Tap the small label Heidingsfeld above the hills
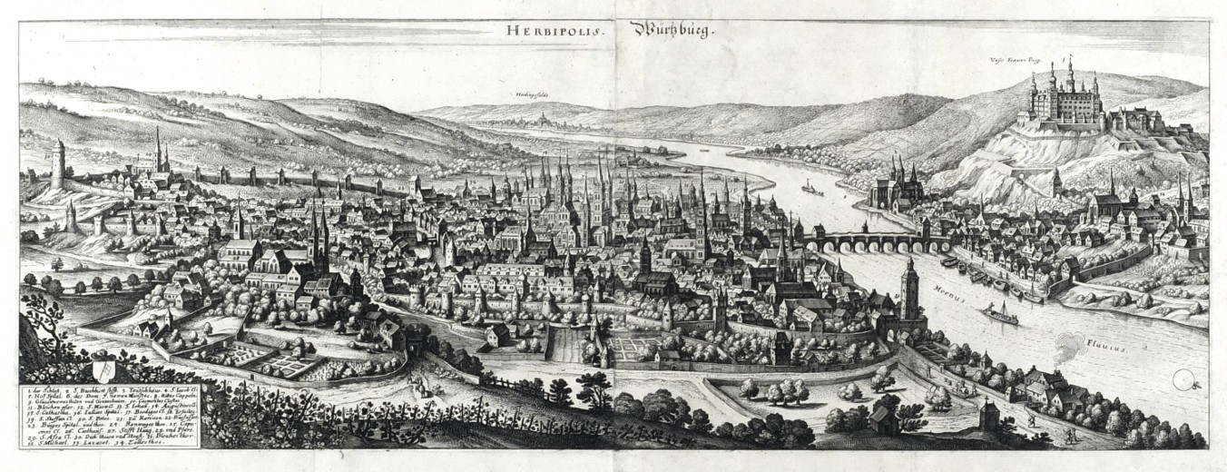(533, 93)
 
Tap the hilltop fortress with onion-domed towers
(1063, 97)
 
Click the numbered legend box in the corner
(109, 414)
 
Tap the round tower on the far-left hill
(58, 163)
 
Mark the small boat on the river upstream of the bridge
(810, 189)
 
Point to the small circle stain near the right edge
(1183, 379)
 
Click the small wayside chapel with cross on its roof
(989, 416)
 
